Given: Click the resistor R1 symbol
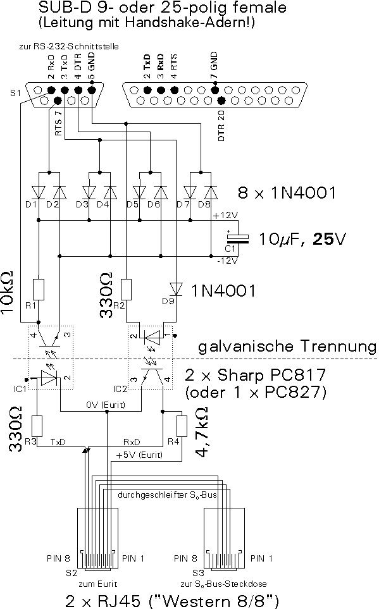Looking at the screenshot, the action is tap(39, 290).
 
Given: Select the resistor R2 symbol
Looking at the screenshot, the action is tap(126, 290).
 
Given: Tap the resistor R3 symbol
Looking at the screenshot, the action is tap(37, 426).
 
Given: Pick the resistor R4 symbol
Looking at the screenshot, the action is tap(182, 426).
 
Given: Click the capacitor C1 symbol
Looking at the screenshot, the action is tap(238, 238).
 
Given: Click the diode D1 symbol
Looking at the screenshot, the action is tap(39, 192).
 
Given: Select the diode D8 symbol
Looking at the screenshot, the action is tap(211, 192).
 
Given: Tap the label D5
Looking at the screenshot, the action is tap(132, 204).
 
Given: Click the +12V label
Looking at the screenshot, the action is tap(225, 215).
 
